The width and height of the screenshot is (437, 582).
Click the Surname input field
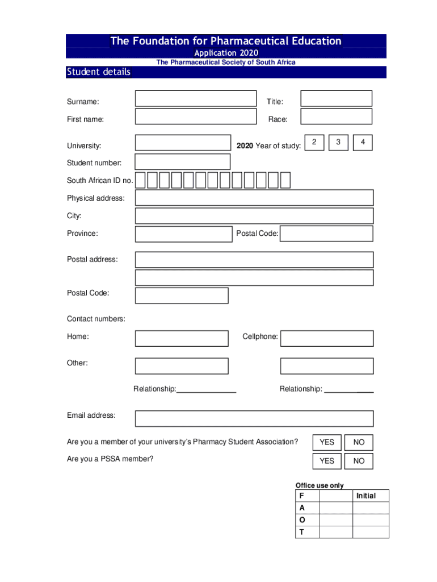point(195,98)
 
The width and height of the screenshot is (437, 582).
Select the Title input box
point(336,98)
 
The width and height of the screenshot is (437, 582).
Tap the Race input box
point(336,117)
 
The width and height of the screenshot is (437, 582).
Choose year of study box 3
point(338,143)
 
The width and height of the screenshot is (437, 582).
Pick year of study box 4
point(363,143)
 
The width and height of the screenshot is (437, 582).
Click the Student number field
point(182,161)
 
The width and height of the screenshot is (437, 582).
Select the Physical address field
point(254,198)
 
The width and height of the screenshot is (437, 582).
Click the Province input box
point(183,234)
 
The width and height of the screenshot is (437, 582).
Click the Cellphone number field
point(327,338)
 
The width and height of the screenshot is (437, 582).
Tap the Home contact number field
point(181,338)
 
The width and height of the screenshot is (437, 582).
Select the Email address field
point(254,418)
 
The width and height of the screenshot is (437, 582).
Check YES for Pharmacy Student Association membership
point(327,442)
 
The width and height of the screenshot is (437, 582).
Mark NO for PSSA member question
point(359,461)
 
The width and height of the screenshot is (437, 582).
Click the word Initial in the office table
point(366,496)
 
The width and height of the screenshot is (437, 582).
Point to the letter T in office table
point(302,533)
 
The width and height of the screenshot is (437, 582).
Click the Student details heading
point(99,72)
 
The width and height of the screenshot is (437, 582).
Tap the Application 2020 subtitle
point(226,53)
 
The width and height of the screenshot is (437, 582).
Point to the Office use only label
point(320,485)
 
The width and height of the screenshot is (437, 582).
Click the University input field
point(182,143)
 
